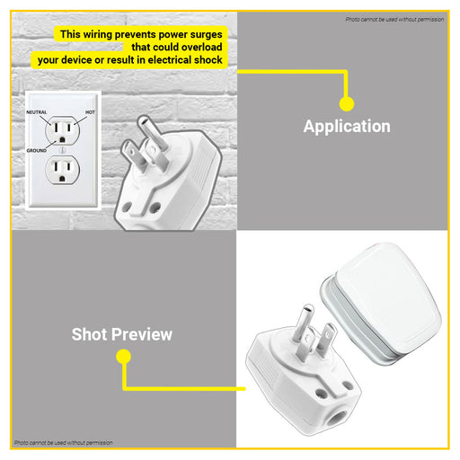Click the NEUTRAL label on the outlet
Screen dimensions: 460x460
click(x=37, y=112)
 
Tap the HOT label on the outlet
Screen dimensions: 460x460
click(x=90, y=112)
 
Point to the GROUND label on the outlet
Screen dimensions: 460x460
click(x=37, y=151)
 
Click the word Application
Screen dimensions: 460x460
click(x=347, y=127)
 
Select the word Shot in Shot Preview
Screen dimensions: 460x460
click(x=89, y=334)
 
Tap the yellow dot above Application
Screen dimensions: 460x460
click(x=347, y=104)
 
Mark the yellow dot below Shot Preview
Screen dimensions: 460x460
click(x=123, y=357)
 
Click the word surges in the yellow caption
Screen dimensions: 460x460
click(x=206, y=35)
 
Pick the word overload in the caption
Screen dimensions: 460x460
click(x=201, y=47)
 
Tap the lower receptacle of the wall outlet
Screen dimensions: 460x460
click(x=62, y=170)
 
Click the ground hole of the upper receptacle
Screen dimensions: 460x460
click(x=62, y=139)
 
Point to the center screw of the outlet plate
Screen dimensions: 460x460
click(x=62, y=150)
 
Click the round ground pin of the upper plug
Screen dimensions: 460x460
click(x=152, y=133)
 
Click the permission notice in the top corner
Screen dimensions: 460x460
click(x=394, y=20)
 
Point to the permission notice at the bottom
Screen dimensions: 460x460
click(x=64, y=443)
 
